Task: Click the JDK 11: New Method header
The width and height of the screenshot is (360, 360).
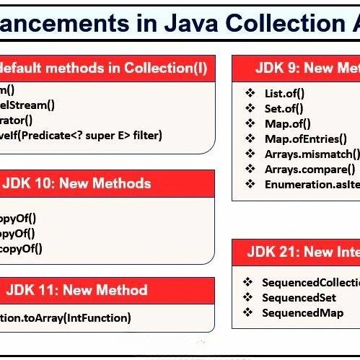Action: click(76, 291)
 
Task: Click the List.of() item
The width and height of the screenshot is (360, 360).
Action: click(284, 92)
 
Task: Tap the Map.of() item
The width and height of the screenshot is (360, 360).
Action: click(286, 123)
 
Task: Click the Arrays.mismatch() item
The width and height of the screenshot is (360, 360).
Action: click(311, 154)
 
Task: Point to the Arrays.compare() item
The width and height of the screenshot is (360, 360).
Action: click(309, 169)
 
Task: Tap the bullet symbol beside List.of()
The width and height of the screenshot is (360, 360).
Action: click(250, 92)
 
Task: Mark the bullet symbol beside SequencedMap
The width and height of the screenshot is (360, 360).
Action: click(247, 312)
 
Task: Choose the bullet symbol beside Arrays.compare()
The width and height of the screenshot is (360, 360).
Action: click(250, 169)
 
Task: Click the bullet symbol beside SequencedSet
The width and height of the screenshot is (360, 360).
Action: click(247, 297)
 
